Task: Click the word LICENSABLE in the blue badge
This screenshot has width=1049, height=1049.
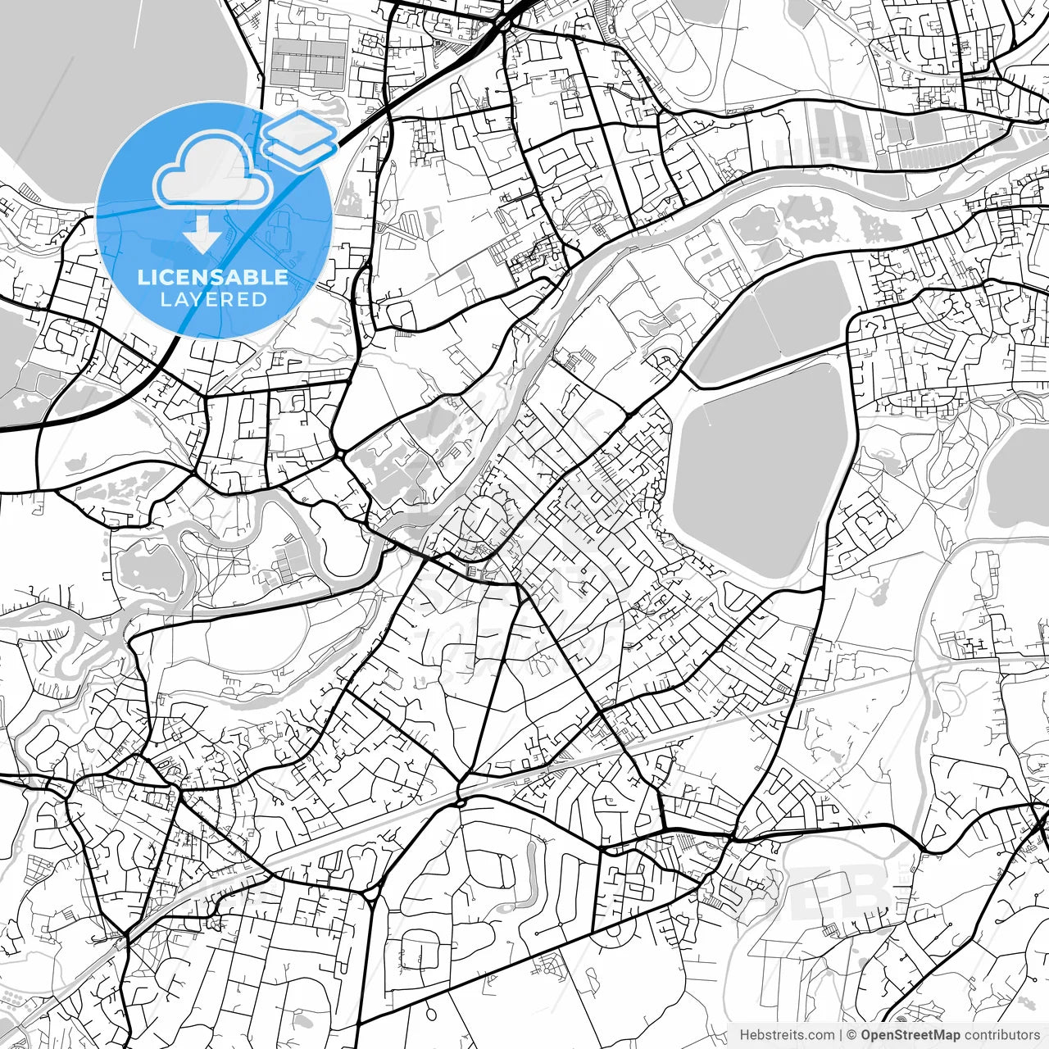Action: click(x=213, y=277)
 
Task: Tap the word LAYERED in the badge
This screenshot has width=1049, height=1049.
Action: click(x=213, y=300)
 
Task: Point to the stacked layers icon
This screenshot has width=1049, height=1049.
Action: click(x=300, y=135)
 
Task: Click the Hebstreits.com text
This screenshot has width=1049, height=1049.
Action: click(x=787, y=1035)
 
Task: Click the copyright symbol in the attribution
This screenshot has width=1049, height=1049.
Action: click(x=851, y=1035)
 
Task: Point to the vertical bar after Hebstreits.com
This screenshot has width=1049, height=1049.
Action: click(x=841, y=1035)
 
